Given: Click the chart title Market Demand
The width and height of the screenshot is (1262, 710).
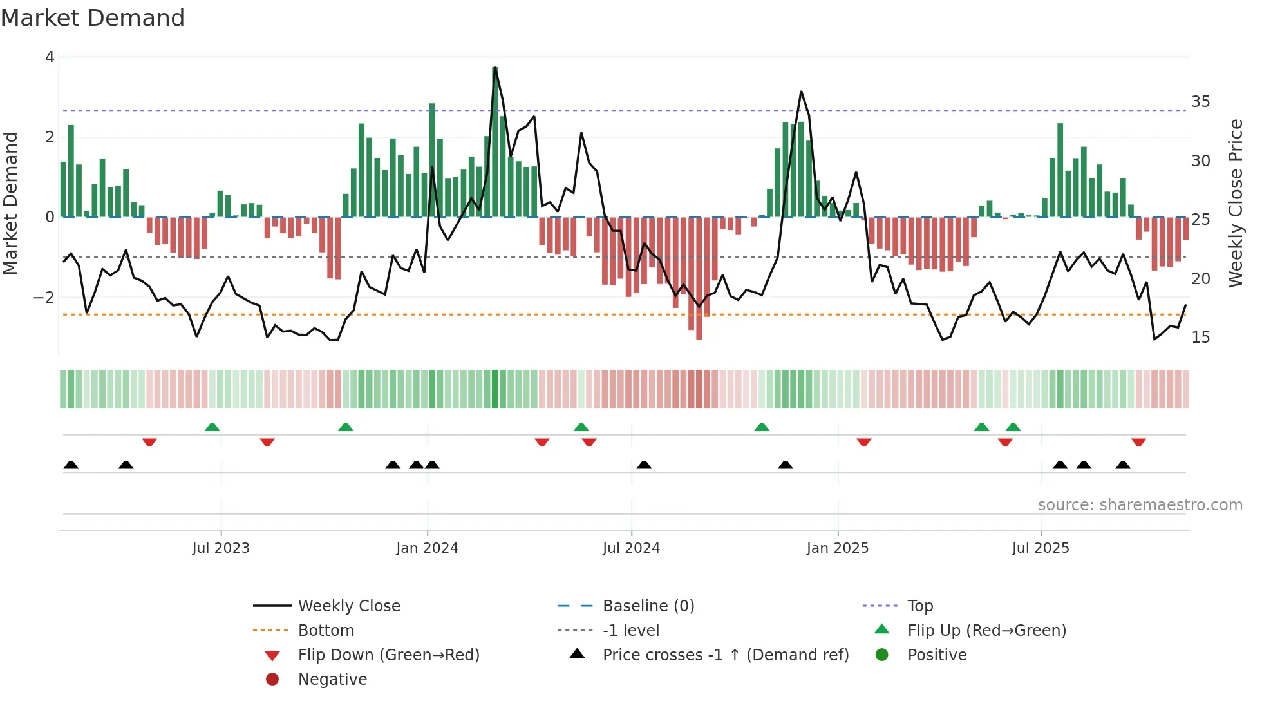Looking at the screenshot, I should (x=93, y=18).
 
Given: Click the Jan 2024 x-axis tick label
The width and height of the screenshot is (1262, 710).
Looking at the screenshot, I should (x=427, y=548).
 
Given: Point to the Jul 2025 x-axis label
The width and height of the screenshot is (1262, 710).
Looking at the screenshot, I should (x=1040, y=548).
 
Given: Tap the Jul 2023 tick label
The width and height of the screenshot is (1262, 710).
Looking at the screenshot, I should (x=221, y=548).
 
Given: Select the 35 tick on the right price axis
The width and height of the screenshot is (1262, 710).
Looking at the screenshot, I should (x=1200, y=102).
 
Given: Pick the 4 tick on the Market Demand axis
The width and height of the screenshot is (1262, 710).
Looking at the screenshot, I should (x=50, y=57).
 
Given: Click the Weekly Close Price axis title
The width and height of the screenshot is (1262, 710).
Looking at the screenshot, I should (x=1235, y=203).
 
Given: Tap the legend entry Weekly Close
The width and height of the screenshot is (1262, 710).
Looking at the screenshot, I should (x=348, y=606).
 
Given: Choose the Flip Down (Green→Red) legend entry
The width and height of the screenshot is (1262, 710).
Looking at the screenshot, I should (x=388, y=655).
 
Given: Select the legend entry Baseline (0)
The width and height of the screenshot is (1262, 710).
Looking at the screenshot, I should (x=648, y=606).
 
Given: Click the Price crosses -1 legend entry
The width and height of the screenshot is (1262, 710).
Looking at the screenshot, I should (x=725, y=655).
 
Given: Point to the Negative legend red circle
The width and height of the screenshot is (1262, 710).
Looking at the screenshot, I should (x=272, y=680).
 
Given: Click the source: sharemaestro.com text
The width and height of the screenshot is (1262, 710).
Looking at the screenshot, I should (x=1140, y=505).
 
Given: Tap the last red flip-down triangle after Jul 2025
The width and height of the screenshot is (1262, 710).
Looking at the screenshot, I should (x=1138, y=442).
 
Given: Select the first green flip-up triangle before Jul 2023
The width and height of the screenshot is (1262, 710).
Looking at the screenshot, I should (x=212, y=427).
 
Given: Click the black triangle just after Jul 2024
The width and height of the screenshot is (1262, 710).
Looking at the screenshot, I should (x=644, y=465).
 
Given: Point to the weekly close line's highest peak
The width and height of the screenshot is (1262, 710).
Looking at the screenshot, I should (x=494, y=68).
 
